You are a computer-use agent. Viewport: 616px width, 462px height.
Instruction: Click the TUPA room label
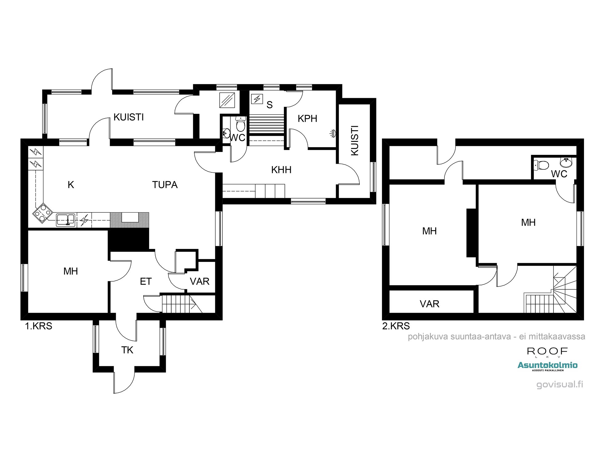click(165, 185)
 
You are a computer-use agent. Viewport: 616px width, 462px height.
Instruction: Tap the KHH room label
click(281, 170)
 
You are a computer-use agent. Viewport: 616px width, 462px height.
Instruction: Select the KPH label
click(307, 119)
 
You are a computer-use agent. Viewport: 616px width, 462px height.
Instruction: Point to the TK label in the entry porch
click(127, 350)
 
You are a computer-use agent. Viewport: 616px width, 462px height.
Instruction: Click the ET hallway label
click(146, 281)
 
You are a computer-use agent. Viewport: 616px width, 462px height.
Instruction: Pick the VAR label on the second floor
click(429, 304)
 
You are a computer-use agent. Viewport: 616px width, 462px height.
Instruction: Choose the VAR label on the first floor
click(200, 281)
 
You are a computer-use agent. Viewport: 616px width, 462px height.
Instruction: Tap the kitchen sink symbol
click(66, 220)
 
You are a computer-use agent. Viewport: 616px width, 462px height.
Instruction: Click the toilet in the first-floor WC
click(241, 124)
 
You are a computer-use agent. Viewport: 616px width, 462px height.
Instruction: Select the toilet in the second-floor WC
click(542, 165)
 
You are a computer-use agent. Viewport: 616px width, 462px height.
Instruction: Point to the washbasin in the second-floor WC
click(566, 162)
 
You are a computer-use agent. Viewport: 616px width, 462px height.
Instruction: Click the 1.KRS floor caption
click(38, 326)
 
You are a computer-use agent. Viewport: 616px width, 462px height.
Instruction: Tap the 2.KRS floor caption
click(396, 326)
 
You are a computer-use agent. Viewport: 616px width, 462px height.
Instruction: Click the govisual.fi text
click(560, 384)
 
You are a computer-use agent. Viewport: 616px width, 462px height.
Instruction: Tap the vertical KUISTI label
click(355, 140)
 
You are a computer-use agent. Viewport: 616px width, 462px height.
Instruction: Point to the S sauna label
click(269, 105)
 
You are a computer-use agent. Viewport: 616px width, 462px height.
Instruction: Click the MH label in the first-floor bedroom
click(71, 271)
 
